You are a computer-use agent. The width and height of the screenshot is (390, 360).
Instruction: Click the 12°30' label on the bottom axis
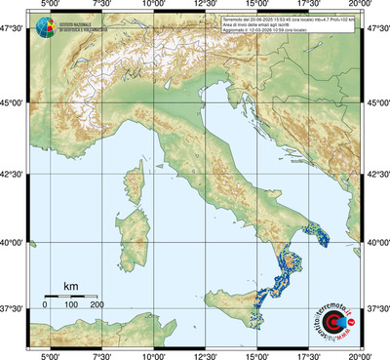206,354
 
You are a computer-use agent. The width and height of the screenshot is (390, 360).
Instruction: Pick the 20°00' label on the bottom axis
362,354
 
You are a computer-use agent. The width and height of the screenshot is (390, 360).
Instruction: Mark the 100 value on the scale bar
71,305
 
